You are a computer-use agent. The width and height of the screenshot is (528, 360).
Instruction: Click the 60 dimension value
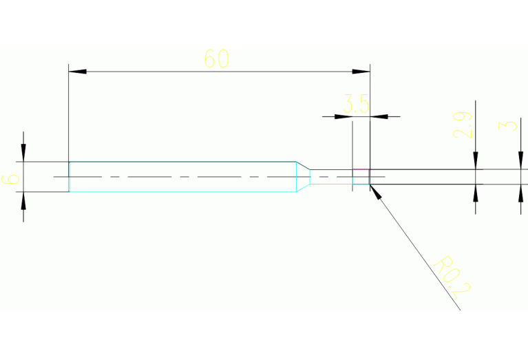click(x=216, y=59)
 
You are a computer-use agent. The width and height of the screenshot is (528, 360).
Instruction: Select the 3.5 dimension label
click(x=357, y=105)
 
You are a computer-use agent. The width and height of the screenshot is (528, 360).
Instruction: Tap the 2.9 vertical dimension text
click(x=463, y=125)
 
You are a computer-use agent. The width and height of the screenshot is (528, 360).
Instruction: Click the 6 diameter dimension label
click(x=11, y=180)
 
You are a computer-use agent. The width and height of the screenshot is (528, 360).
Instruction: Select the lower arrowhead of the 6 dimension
click(x=23, y=200)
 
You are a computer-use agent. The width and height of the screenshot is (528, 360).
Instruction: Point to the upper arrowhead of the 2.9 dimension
click(x=475, y=160)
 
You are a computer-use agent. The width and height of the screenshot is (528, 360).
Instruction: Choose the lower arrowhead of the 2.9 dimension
click(x=475, y=193)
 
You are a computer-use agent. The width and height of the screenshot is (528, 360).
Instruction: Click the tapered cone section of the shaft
click(x=303, y=176)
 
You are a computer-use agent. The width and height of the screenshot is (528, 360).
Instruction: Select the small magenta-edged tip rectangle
click(x=361, y=177)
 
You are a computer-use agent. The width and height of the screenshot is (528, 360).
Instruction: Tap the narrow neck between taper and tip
click(x=330, y=177)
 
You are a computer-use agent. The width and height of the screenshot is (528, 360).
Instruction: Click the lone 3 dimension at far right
click(x=509, y=125)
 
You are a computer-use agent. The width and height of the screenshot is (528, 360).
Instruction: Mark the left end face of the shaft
click(x=70, y=177)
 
